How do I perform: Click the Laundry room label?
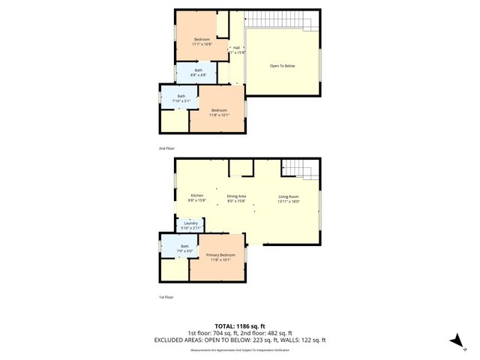(x=190, y=225)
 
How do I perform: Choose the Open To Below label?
(x=283, y=66)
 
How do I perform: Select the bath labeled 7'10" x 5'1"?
(x=181, y=98)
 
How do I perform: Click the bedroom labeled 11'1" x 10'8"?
(x=202, y=41)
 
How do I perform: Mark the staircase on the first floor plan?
(x=300, y=169)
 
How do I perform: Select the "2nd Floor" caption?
(x=166, y=148)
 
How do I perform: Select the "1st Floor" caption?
(x=166, y=298)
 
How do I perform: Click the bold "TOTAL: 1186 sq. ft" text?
(x=240, y=326)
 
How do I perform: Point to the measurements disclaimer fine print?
(x=240, y=349)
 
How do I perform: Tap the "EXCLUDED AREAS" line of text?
(x=240, y=340)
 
